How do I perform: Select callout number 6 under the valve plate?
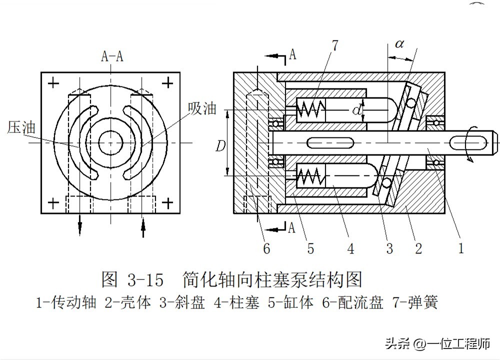click(x=267, y=246)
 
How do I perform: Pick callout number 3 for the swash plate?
click(x=389, y=246)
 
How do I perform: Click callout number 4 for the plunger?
click(x=350, y=246)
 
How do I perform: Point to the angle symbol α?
click(x=399, y=44)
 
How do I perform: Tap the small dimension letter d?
click(x=356, y=110)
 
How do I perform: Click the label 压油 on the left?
click(x=21, y=127)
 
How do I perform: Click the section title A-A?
click(x=112, y=56)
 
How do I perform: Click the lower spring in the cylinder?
click(x=310, y=176)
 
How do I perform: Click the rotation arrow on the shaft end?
click(x=468, y=149)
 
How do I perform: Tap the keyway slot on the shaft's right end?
click(x=470, y=142)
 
